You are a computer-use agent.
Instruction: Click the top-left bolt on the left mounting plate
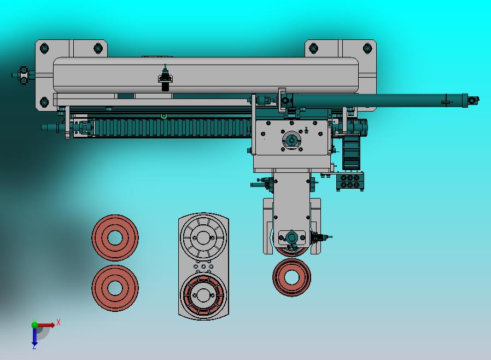(44, 48)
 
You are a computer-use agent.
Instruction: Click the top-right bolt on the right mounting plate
(367, 48)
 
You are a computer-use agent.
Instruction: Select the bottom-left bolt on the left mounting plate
(44, 102)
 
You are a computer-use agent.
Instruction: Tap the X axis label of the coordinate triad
(59, 322)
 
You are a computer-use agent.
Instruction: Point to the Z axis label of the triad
(34, 346)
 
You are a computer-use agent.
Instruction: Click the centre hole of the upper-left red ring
(115, 238)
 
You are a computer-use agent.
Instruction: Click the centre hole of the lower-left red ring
(115, 288)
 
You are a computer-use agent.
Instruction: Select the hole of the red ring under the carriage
(291, 277)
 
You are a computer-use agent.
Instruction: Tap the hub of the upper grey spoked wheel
(203, 238)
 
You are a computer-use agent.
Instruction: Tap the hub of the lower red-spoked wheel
(203, 295)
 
